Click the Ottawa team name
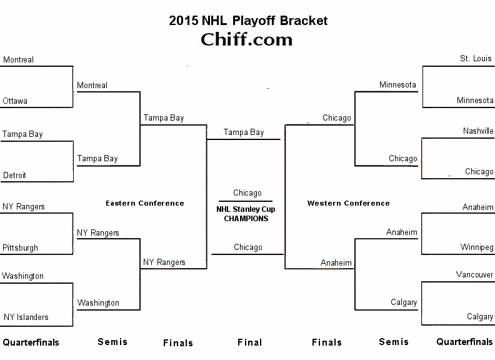click(15, 101)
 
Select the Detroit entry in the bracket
click(15, 176)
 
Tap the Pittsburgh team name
click(20, 247)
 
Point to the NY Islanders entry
click(26, 317)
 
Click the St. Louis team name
click(476, 59)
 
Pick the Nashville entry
click(478, 131)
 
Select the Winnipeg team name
click(477, 247)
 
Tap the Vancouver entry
click(475, 274)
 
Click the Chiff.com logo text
click(247, 39)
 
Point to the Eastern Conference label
click(145, 203)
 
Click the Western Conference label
click(348, 203)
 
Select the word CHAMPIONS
click(246, 219)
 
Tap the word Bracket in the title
click(303, 21)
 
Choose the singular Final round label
click(250, 342)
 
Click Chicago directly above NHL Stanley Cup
click(247, 193)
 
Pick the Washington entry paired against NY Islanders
click(22, 276)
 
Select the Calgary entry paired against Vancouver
click(480, 317)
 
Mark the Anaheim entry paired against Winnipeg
click(478, 207)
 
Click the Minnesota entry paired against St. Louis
click(475, 100)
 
